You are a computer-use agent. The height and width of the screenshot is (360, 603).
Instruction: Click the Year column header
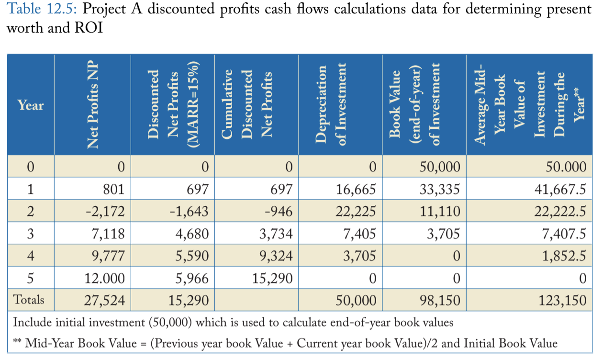coord(31,105)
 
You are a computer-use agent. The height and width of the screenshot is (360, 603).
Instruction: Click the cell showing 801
coord(113,190)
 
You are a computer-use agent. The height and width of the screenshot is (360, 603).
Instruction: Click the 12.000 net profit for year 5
coord(105,278)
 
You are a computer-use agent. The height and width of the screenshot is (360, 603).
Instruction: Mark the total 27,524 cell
coord(104,300)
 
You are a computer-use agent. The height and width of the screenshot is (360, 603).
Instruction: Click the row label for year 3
coord(31,234)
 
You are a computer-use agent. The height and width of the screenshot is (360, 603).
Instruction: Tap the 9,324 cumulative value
coord(276,256)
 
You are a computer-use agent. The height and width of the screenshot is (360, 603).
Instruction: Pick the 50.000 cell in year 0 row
coord(566,167)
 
